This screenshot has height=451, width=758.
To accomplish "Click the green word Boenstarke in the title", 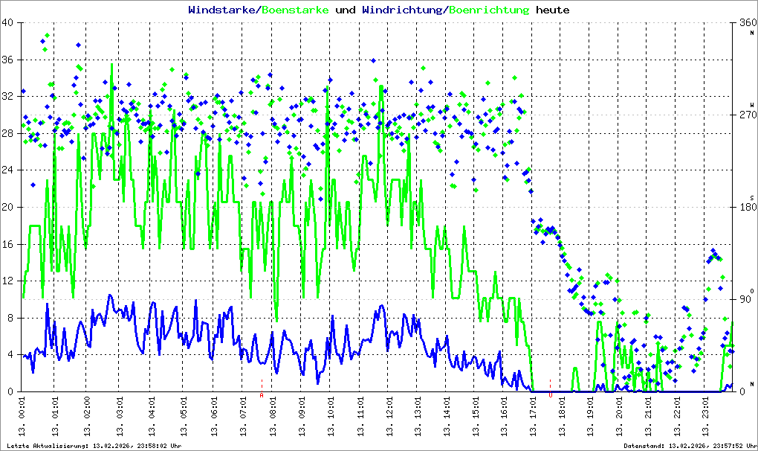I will (295, 10).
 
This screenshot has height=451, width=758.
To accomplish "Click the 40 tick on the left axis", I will (8, 23).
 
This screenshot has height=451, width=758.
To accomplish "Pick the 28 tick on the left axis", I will (8, 134).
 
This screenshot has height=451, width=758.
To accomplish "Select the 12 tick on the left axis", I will (8, 281).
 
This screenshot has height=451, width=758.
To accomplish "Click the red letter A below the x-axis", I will (262, 395).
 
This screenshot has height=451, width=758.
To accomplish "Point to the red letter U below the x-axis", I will (550, 395).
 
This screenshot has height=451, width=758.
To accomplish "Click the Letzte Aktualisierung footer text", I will (92, 446).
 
